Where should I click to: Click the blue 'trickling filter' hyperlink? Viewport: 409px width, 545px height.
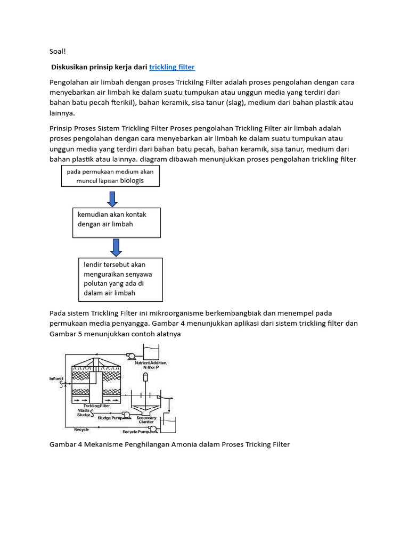point(172,67)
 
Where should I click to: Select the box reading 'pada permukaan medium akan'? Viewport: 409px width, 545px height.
point(110,176)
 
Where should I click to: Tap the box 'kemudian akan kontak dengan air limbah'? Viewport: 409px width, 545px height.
point(116,222)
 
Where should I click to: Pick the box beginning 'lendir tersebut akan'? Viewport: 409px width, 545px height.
point(120,279)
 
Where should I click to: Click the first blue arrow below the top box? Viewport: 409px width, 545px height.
point(112,198)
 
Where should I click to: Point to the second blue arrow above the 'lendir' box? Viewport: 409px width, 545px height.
point(116,247)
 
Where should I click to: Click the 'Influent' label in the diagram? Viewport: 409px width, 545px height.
point(56,378)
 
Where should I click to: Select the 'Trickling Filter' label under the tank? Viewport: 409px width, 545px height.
point(96,405)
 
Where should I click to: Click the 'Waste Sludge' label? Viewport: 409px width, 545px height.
point(84,413)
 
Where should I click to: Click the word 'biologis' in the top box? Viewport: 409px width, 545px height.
point(132,181)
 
